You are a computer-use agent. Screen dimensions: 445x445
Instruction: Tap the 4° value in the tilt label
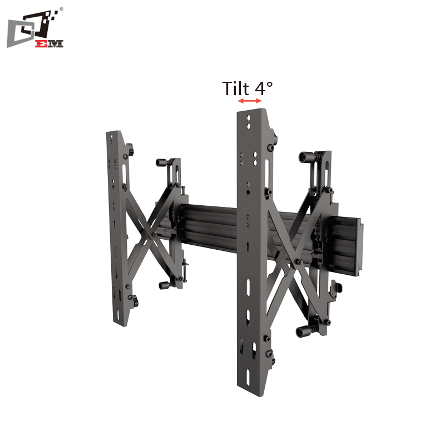(x=264, y=88)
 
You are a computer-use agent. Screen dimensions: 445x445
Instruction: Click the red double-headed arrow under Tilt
(x=249, y=101)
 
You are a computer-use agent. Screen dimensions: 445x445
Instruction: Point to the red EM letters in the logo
(x=50, y=43)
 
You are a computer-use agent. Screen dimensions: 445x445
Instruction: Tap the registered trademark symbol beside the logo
(x=61, y=9)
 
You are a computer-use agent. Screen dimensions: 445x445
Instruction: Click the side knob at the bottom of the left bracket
(x=135, y=304)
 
